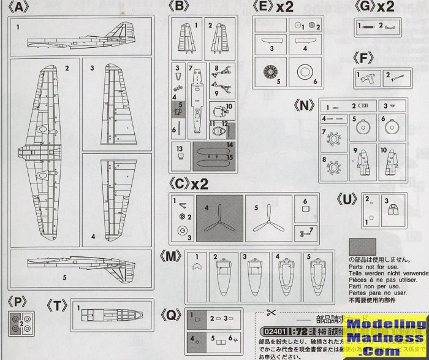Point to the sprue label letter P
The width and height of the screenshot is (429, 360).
tap(20, 302)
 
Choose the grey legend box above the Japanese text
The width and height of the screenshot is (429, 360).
tap(366, 246)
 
